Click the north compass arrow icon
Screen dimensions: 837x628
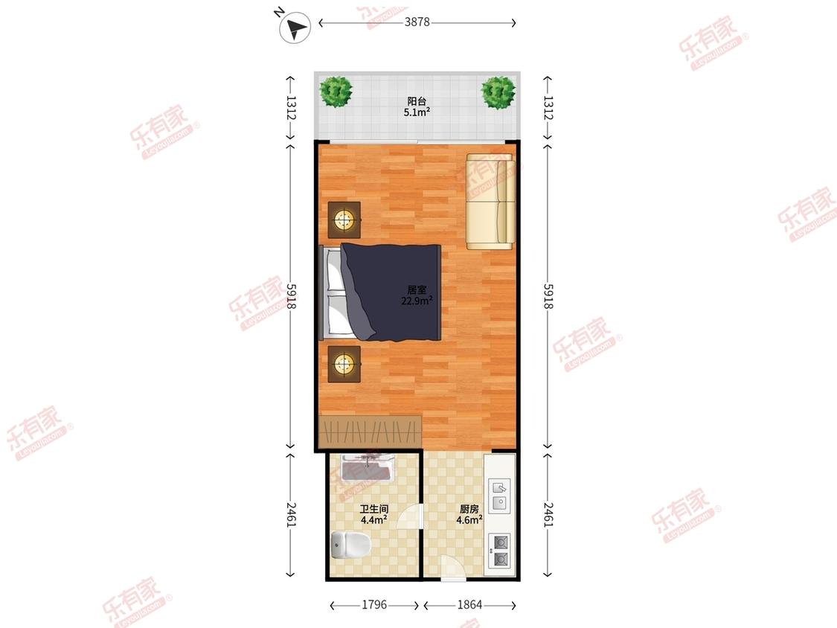(x=295, y=28)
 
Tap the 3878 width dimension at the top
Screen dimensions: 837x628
(x=417, y=22)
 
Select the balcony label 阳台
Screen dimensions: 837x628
(x=417, y=101)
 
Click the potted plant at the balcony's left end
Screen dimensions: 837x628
(x=336, y=92)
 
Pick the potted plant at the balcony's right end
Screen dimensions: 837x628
(x=498, y=93)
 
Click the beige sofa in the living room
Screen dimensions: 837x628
(x=490, y=202)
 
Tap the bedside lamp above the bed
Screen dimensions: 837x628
(x=344, y=220)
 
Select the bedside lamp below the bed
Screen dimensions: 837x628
(x=344, y=364)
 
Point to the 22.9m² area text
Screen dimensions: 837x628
(x=417, y=301)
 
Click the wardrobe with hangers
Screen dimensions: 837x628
(x=371, y=432)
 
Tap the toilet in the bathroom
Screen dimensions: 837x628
(x=350, y=544)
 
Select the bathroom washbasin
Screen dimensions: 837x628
(x=368, y=468)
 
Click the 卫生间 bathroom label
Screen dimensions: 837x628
(x=373, y=509)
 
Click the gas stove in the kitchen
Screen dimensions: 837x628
(x=499, y=551)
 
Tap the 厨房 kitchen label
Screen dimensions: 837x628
(x=469, y=509)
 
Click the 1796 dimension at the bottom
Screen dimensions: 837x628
(x=374, y=604)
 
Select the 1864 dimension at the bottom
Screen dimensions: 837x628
(x=469, y=604)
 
